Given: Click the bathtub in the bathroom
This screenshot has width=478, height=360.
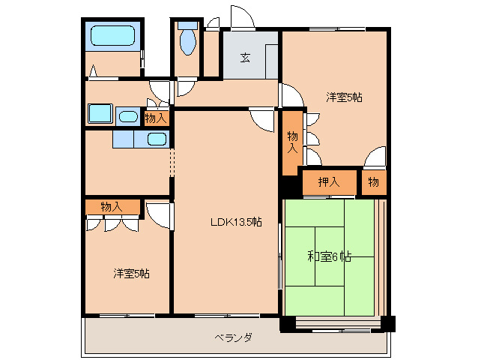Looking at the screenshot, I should pos(112,35).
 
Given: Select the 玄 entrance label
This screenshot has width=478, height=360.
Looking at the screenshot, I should pos(245,58).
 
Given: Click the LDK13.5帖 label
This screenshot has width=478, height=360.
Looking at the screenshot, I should pos(235,221).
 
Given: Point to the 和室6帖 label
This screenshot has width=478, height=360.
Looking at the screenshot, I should pos(330,256).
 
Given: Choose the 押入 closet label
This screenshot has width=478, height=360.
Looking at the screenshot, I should pos(328,181).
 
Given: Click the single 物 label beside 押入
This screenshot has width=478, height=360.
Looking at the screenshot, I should pos(373,181).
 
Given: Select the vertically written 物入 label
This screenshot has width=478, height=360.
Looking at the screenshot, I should pos(292,142).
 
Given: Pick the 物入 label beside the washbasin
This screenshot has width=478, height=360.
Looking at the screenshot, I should pos(156,118).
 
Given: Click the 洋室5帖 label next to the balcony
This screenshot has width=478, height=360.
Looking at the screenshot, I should pos(131,274).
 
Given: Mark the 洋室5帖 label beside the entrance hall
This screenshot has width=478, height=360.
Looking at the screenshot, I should pos(344,97).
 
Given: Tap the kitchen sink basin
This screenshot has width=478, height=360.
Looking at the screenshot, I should pos(157,139).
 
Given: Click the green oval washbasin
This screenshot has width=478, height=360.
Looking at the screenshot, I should pos(128,116).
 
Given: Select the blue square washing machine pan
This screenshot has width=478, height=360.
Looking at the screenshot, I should pos(100,113).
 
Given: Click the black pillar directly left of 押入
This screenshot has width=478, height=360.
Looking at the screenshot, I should pos(289,185).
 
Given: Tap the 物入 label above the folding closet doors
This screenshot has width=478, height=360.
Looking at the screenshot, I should pos(112,206).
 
